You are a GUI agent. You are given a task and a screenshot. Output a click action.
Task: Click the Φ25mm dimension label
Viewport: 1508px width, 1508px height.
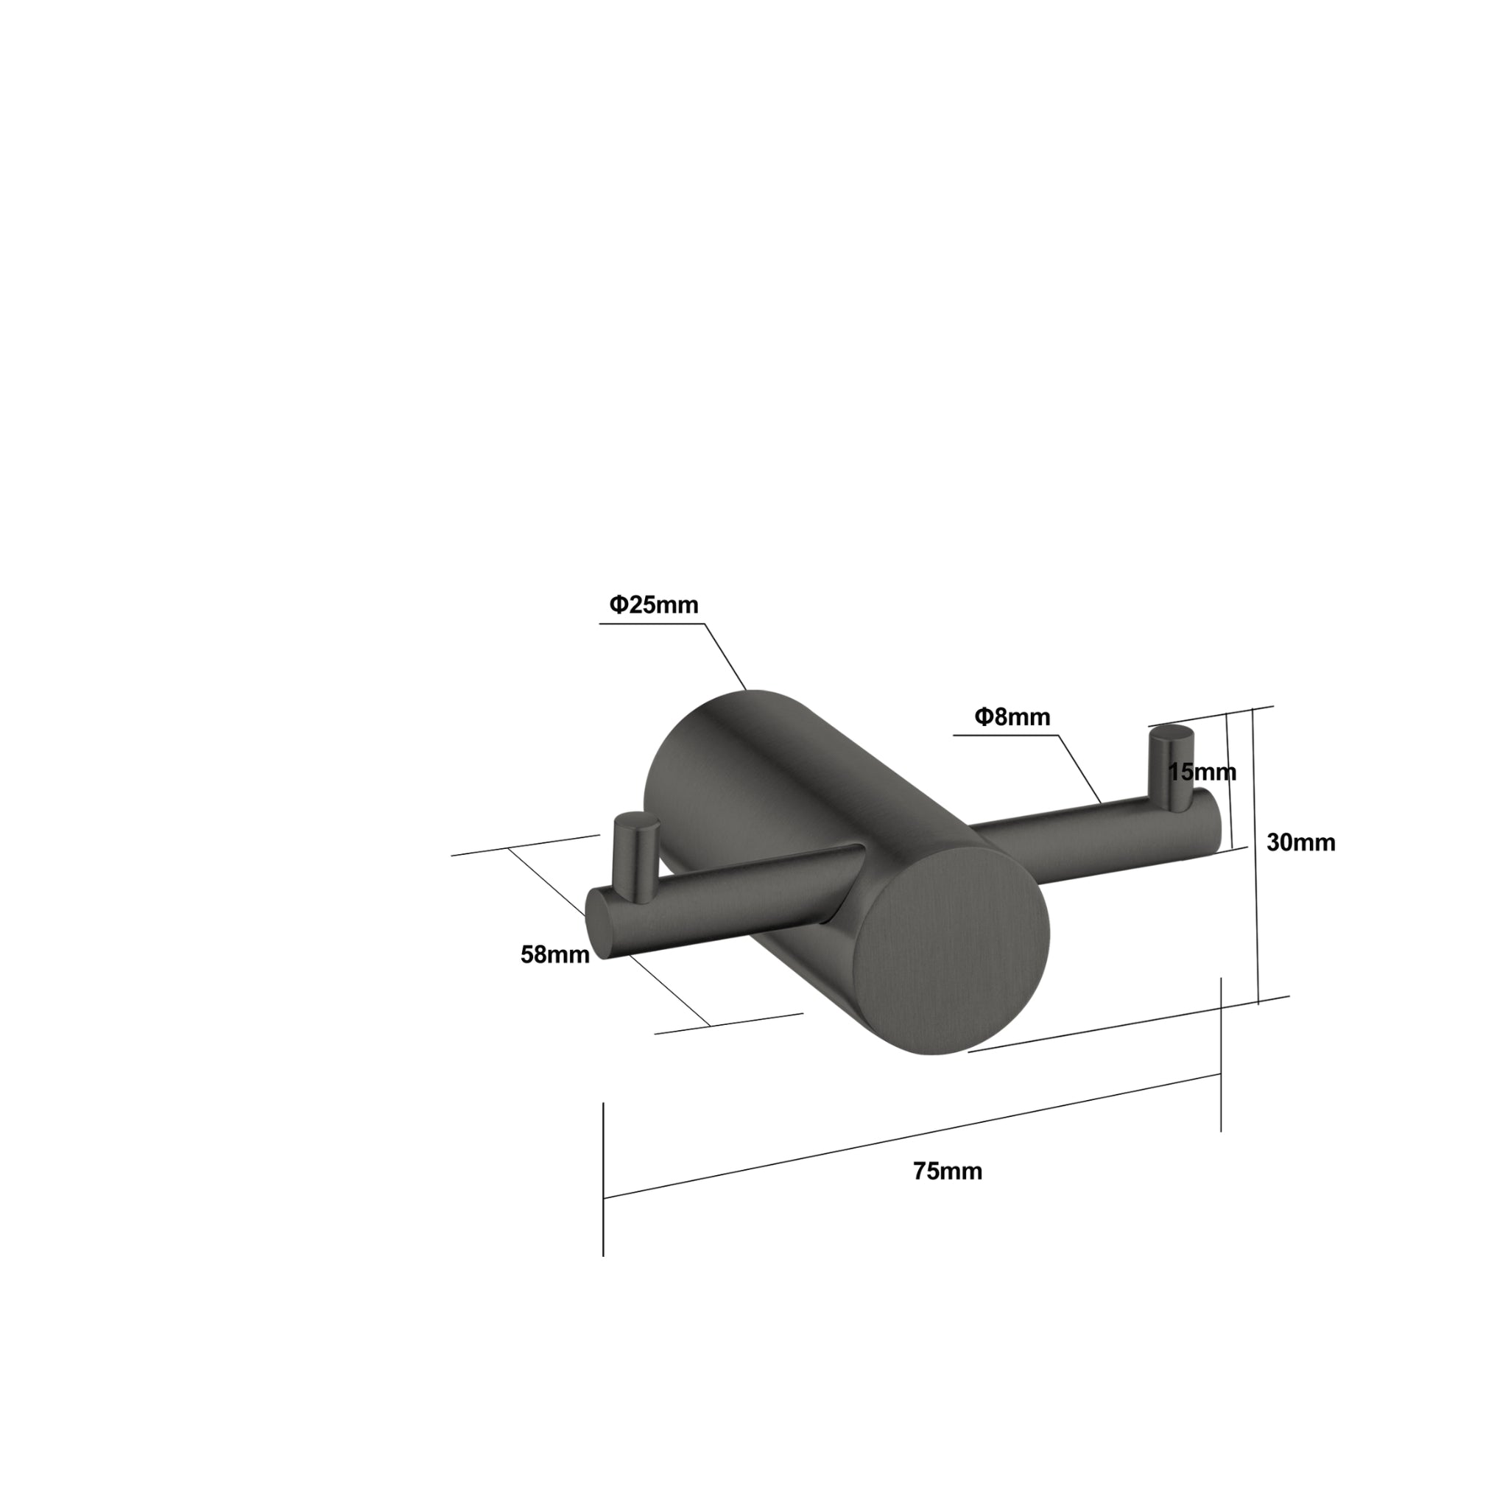653,605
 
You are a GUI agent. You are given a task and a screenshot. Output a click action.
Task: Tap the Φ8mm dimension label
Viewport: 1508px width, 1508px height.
1012,716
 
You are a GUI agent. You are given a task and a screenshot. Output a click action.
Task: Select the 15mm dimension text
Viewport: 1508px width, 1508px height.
1201,772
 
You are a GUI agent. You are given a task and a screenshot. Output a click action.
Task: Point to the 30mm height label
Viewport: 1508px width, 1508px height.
1300,842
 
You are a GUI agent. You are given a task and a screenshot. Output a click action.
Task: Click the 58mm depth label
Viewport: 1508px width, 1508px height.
555,954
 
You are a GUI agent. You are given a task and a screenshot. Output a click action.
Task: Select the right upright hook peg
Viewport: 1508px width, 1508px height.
1170,765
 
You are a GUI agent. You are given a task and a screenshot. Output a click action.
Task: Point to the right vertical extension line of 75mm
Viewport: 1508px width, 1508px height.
1221,1054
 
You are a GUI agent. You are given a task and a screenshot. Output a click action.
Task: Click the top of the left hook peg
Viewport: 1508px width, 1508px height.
636,822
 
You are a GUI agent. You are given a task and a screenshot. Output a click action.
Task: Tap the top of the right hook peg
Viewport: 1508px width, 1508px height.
1171,733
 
